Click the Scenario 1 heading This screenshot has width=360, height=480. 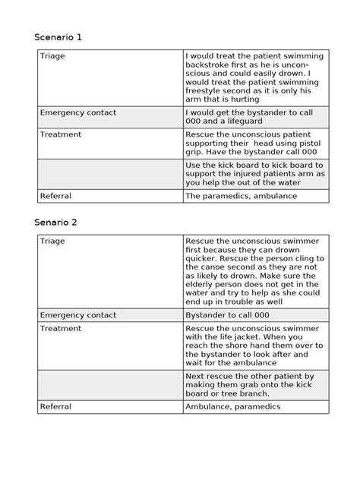click(60, 36)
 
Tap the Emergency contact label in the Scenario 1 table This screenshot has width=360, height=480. click(78, 112)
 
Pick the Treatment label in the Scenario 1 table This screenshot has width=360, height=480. click(62, 132)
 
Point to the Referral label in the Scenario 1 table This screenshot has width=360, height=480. click(55, 196)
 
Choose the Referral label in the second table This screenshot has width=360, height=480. click(55, 406)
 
